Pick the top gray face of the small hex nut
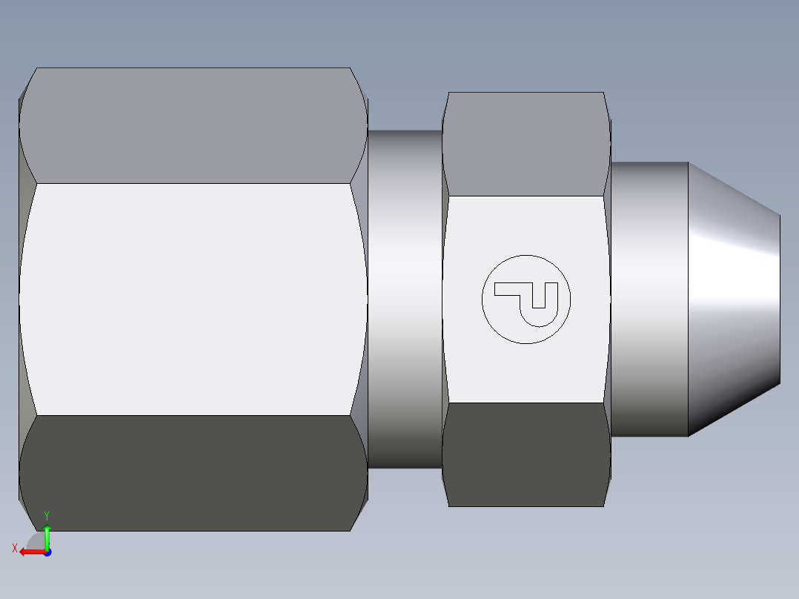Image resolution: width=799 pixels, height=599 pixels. (526, 144)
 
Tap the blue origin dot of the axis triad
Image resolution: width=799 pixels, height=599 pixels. (47, 552)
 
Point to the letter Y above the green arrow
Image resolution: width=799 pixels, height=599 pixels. (47, 516)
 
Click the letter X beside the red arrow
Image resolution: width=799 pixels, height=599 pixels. (15, 549)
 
